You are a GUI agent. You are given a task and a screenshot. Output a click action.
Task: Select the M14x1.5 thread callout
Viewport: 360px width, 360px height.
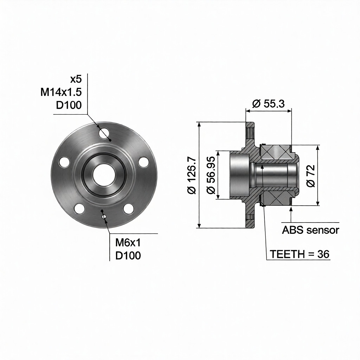point(61,92)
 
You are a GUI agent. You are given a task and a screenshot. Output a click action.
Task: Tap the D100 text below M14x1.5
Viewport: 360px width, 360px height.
point(69,105)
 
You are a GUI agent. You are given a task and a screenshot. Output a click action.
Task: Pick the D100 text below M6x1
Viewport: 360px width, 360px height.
point(128,256)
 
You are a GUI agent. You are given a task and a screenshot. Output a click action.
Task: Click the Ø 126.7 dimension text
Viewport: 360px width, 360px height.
point(192,175)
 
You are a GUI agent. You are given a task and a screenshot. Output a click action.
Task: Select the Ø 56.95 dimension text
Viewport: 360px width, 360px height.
point(211,175)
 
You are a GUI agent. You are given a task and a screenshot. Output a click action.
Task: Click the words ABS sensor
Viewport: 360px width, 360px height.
point(310,230)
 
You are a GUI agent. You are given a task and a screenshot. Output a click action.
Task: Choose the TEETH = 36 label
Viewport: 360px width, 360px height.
point(300,254)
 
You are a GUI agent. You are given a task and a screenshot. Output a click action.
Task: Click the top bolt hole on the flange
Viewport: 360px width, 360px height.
point(104,133)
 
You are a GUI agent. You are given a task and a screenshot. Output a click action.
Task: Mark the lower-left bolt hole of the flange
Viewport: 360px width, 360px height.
point(79,208)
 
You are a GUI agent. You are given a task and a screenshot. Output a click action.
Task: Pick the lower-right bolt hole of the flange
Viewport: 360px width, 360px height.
point(128,208)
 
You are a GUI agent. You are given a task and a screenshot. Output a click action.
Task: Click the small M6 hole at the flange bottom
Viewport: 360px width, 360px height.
point(104,217)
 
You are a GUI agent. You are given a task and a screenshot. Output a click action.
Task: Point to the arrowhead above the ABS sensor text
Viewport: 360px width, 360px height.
point(291,210)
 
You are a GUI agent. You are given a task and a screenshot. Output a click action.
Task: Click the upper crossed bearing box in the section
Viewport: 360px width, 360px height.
point(276,152)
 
